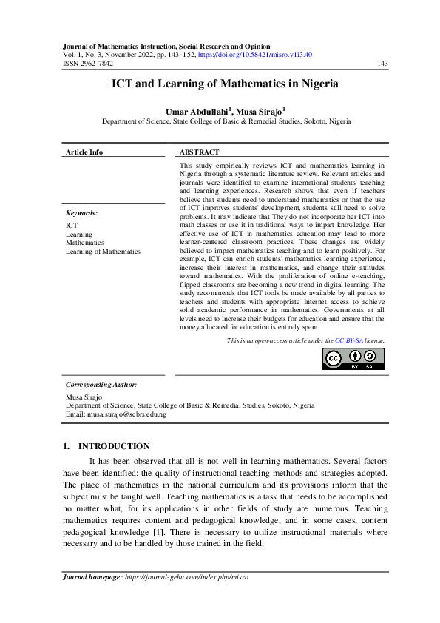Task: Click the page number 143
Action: [382, 64]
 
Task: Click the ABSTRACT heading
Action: [199, 152]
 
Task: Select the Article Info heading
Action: [84, 152]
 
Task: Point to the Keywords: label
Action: [81, 213]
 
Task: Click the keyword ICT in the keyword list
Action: [72, 225]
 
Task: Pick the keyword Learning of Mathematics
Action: [103, 252]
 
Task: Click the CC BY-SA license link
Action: [349, 340]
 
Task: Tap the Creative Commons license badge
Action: [353, 358]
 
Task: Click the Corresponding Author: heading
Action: [101, 385]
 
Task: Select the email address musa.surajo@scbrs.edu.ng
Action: [128, 414]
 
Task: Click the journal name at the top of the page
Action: [166, 46]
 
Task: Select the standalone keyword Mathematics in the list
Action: [85, 243]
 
